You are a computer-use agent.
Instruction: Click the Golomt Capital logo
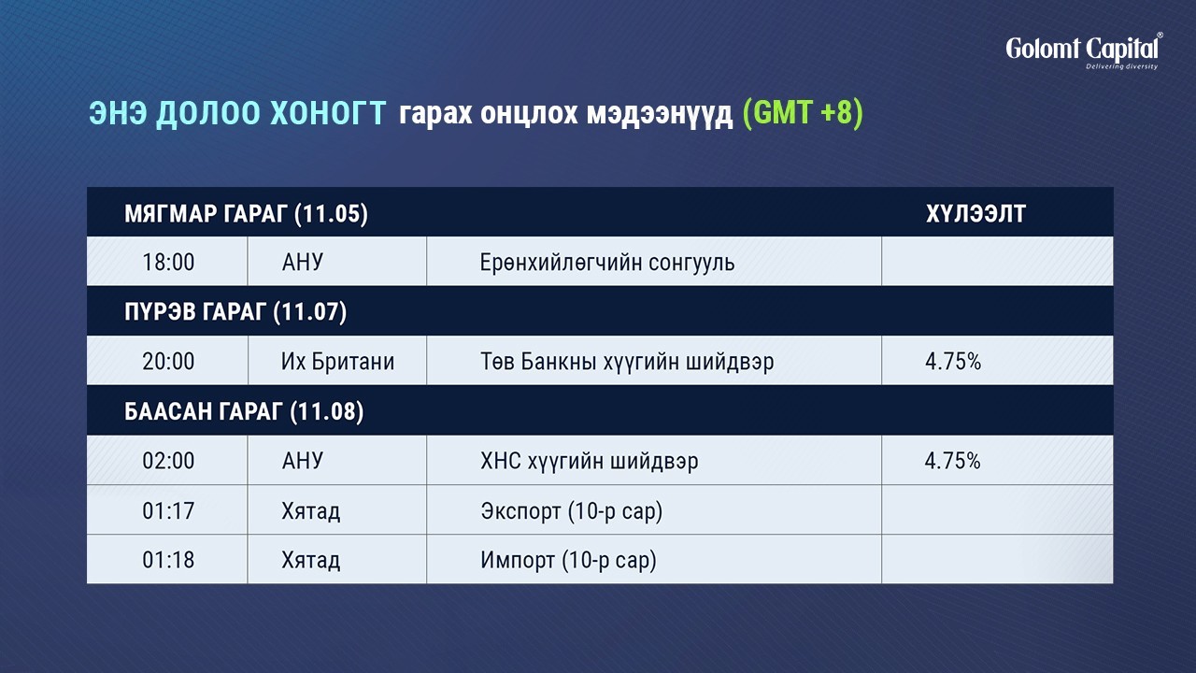1084,51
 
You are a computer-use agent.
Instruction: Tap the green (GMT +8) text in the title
803,113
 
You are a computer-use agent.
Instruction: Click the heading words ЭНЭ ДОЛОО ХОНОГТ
237,113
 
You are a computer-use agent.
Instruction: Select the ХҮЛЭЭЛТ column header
975,214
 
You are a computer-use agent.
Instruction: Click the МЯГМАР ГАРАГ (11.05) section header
246,214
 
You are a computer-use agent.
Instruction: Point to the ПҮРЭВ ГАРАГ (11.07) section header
235,312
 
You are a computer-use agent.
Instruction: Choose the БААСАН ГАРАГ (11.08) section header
244,411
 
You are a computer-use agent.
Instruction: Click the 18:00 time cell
168,263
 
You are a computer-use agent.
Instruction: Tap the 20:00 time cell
168,362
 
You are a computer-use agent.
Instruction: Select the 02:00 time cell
168,461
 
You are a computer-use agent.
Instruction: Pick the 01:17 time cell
168,511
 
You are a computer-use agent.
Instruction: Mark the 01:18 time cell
168,560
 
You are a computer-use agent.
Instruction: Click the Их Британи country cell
337,362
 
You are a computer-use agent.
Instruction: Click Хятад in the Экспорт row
311,511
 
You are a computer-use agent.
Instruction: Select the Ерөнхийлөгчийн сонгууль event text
607,263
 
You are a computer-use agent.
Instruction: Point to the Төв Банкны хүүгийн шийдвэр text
627,362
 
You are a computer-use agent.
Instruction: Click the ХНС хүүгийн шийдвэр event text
589,462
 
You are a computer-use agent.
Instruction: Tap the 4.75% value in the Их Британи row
953,362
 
